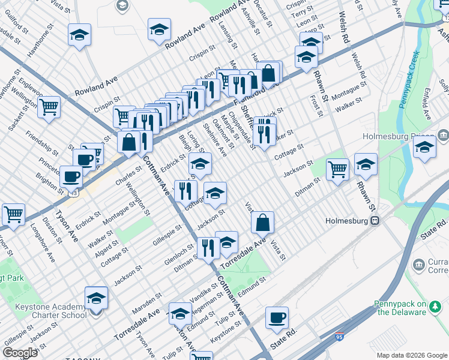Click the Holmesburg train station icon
click(x=375, y=220)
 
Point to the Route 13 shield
click(x=75, y=194)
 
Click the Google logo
click(x=20, y=353)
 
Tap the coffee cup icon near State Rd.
click(x=277, y=318)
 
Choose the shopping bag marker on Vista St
click(x=263, y=223)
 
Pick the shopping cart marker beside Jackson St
click(x=338, y=169)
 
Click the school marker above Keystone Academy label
click(x=96, y=298)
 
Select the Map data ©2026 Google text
click(x=412, y=355)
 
